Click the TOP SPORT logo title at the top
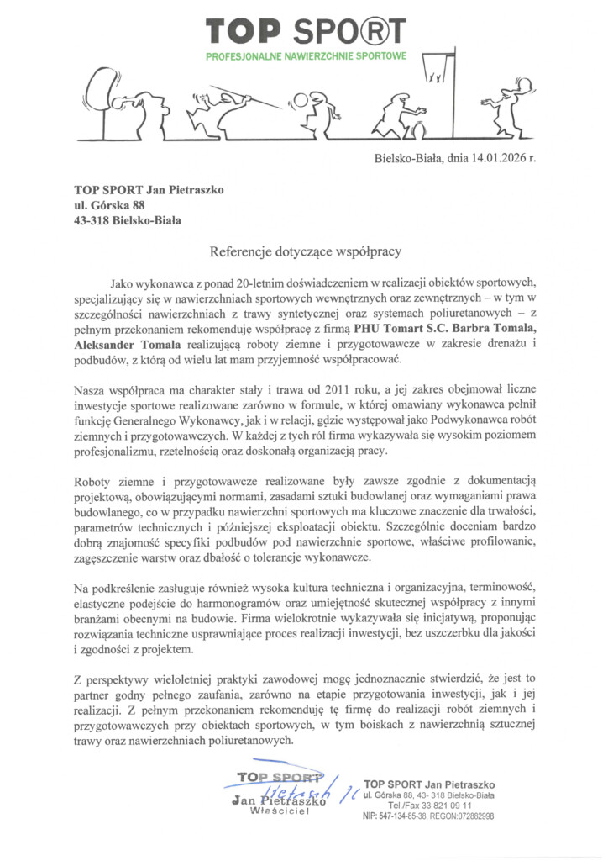coord(306,32)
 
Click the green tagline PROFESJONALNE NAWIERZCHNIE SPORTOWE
coord(306,58)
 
